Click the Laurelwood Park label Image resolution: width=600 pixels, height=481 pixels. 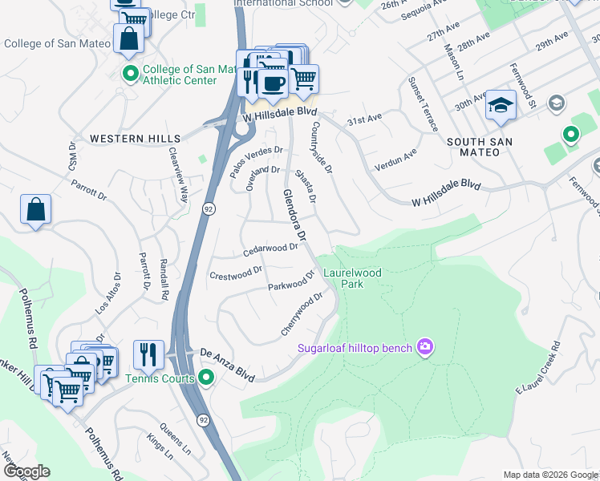point(352,278)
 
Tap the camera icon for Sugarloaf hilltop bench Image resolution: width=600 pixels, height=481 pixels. point(425,347)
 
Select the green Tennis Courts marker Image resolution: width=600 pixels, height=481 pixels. point(207,377)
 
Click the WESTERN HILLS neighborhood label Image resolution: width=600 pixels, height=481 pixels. point(135,139)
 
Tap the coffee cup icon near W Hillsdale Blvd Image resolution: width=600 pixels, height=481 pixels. point(273,83)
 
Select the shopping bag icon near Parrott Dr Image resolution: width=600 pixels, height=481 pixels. point(36,210)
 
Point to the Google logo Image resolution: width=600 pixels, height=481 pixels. point(26,471)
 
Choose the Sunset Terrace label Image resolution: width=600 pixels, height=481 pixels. point(424,105)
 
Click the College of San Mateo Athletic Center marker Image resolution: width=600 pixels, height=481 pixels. point(131,74)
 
